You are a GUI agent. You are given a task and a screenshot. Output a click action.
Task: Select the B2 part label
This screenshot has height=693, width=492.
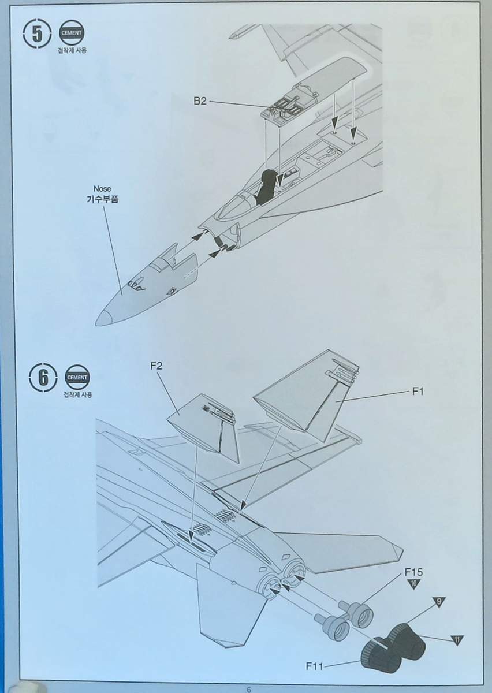point(200,101)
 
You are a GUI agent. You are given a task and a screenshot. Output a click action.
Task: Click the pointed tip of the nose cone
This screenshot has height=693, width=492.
point(99,318)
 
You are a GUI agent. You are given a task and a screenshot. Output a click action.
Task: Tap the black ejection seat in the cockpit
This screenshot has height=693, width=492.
point(269,185)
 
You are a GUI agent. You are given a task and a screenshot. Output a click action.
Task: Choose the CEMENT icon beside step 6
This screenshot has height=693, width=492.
point(78,377)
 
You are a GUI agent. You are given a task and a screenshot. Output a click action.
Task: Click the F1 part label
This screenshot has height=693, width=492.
point(419,392)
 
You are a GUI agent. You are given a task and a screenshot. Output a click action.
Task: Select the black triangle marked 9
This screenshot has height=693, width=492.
point(439,602)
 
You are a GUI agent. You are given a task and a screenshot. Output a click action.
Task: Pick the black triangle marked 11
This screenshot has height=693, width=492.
point(457,640)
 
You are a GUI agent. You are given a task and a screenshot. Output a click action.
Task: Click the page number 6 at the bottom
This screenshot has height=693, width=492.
point(248,689)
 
